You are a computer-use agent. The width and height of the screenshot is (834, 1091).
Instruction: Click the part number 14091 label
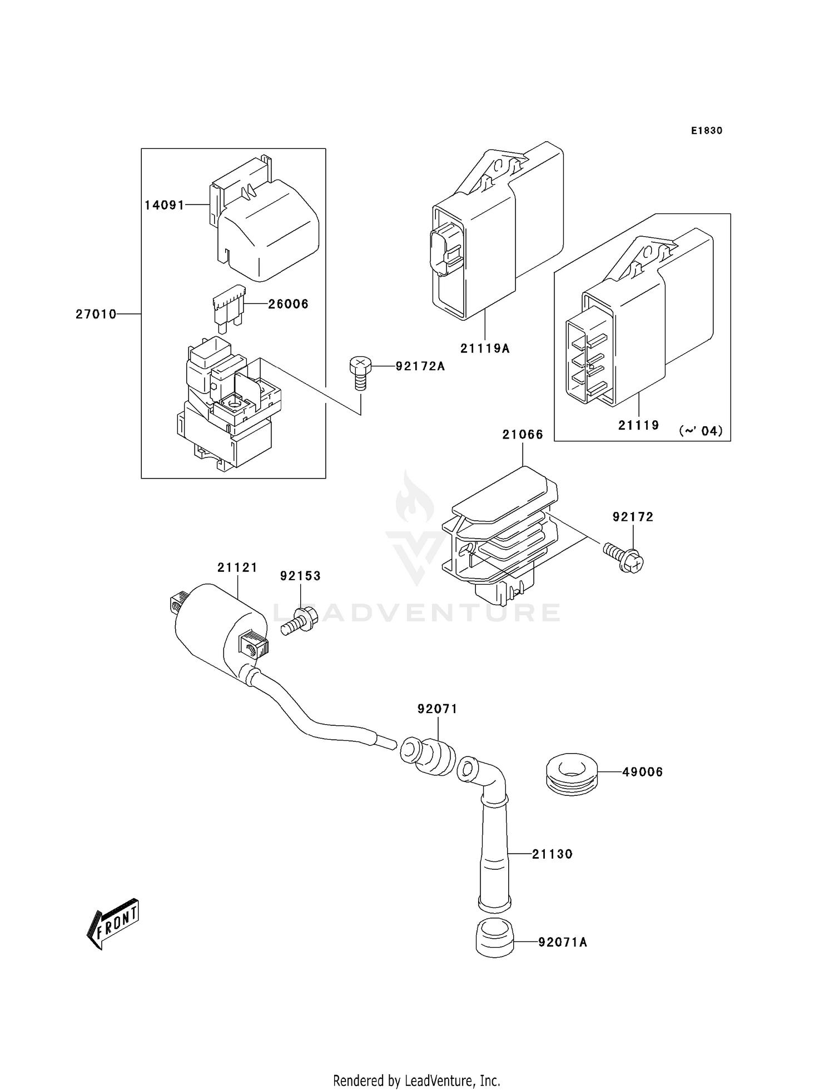click(164, 205)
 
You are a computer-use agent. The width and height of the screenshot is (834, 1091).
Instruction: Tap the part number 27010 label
click(96, 315)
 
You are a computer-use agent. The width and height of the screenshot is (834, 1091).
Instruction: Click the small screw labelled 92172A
click(360, 373)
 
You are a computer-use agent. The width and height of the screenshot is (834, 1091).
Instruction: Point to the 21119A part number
click(484, 348)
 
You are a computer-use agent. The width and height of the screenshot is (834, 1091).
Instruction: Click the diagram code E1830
click(706, 131)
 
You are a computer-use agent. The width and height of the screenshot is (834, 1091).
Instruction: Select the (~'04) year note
click(701, 431)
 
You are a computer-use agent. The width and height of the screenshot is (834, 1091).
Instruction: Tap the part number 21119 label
click(638, 425)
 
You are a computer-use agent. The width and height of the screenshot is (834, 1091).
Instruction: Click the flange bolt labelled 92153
click(297, 622)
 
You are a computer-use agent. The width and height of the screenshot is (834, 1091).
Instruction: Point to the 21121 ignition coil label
click(237, 567)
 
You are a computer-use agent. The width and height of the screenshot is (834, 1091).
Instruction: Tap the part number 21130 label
click(552, 854)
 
